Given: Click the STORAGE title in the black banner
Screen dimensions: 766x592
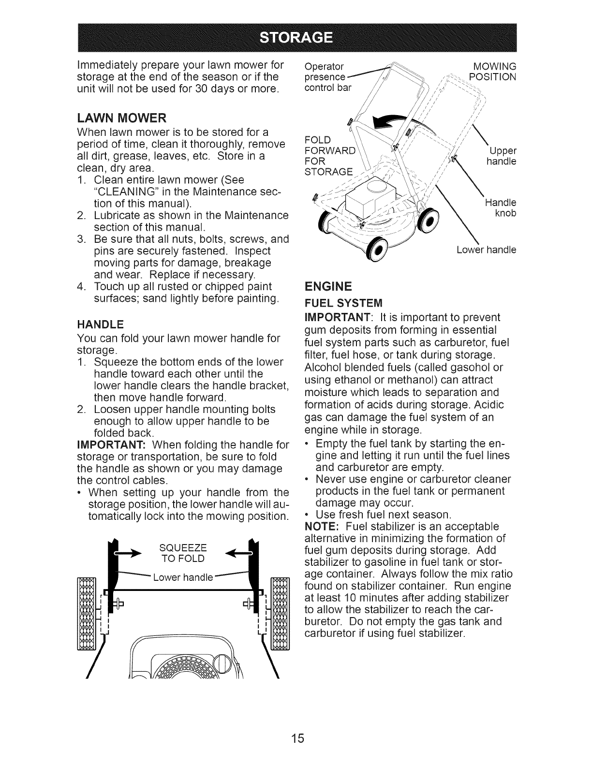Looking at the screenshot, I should pos(296,37).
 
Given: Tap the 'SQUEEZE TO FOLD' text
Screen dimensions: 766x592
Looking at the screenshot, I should pos(182,553).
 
